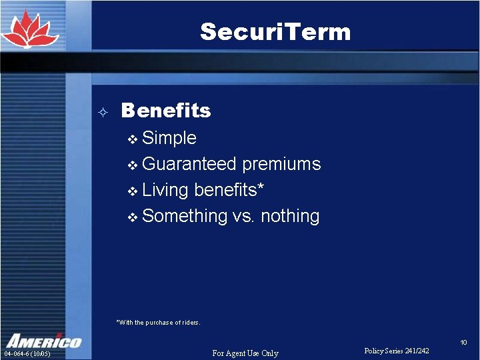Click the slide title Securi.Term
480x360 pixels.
pos(275,31)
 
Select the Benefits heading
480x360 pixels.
pos(166,111)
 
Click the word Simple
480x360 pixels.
pos(169,138)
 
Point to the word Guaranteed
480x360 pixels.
pos(189,164)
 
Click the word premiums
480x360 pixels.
pos(281,164)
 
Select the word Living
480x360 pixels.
pos(165,190)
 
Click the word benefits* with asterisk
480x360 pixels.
pos(229,190)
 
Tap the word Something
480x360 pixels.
pos(185,216)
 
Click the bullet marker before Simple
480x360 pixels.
pos(132,139)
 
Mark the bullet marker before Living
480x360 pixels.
pos(132,191)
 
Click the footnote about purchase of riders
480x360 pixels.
pos(158,323)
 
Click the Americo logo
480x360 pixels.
pos(43,340)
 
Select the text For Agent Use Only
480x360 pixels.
pos(245,353)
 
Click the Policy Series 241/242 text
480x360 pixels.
pos(397,351)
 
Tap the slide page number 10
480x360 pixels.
pos(464,343)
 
